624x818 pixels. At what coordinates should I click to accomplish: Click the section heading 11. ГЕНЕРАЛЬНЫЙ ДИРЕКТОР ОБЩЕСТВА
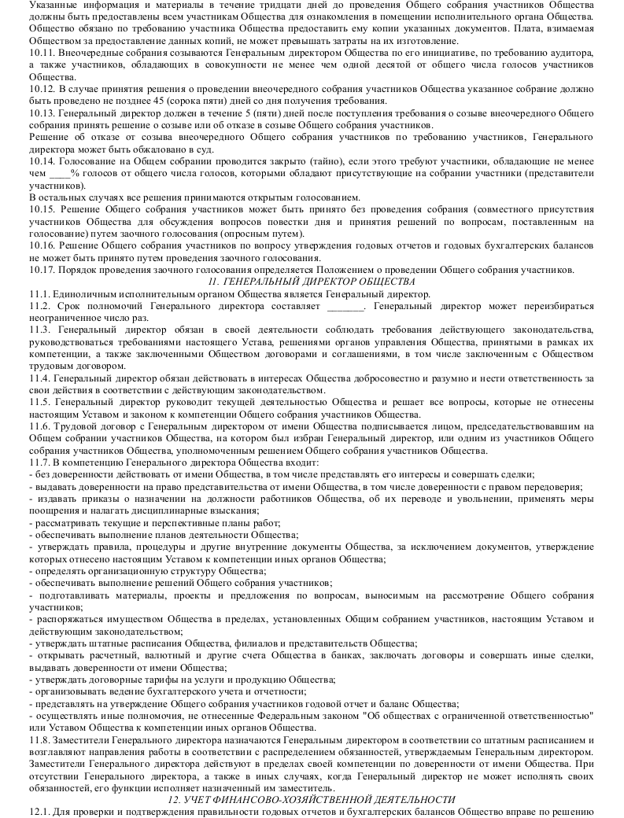pyautogui.click(x=312, y=282)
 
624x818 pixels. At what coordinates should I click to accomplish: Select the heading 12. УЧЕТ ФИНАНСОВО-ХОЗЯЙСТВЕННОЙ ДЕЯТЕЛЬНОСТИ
pyautogui.click(x=312, y=798)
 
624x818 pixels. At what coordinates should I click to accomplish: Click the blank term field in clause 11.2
pyautogui.click(x=345, y=305)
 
